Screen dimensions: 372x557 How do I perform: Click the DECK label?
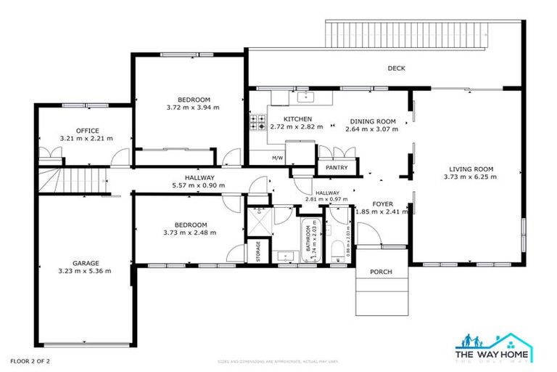396,69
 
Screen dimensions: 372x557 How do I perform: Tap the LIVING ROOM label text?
471,168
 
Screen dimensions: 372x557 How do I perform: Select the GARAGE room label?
85,263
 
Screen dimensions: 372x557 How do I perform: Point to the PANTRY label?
337,168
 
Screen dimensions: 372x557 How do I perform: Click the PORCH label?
381,272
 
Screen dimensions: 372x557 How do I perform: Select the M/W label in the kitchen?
277,158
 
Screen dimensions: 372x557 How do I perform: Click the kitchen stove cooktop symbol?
257,123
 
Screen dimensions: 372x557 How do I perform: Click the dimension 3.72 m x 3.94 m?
193,108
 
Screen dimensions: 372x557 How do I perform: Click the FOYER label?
382,204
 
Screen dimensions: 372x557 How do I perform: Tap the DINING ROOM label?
373,121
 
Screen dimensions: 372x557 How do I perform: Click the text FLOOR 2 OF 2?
30,360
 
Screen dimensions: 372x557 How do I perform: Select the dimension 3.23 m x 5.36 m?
85,271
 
